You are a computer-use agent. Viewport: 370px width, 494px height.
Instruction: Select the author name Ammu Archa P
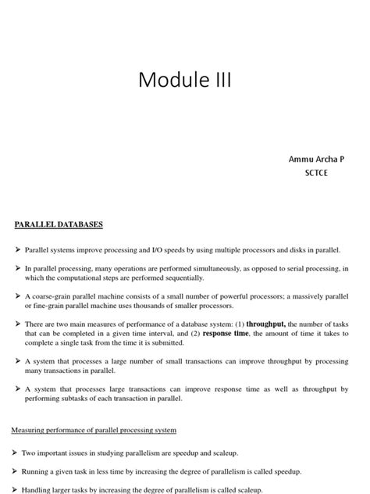coord(316,159)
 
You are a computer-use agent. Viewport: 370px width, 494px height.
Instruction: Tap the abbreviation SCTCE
coord(317,173)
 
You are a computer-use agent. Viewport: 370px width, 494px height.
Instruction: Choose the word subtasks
coord(74,398)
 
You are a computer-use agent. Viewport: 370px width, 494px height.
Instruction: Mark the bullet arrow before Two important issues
coord(17,453)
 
